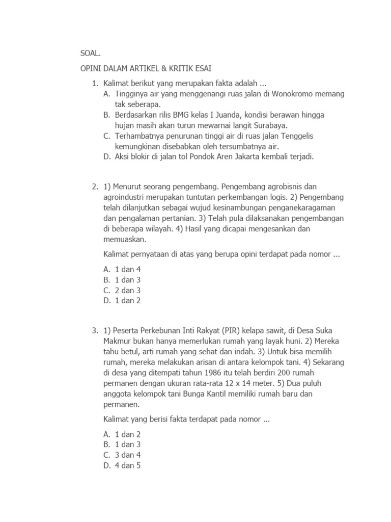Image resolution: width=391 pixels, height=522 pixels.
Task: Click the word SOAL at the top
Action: tap(91, 53)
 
